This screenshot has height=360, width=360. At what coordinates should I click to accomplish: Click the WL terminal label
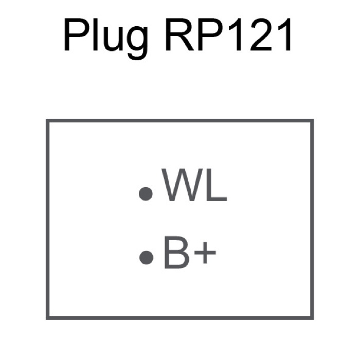click(194, 185)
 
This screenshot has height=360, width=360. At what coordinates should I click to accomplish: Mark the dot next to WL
click(147, 193)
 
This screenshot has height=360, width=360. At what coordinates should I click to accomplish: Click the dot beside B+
click(147, 257)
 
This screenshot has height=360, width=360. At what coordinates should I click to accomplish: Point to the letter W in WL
click(181, 185)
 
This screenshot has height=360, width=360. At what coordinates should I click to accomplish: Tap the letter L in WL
click(215, 185)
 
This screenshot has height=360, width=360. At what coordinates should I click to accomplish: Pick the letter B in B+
click(175, 253)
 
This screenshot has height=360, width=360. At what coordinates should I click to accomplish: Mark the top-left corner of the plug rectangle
click(47, 121)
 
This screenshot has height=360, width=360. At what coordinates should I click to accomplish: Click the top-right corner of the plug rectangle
click(312, 121)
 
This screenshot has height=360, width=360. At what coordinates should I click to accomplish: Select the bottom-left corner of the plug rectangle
click(47, 317)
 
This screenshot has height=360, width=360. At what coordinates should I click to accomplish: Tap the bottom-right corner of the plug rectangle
click(312, 317)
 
